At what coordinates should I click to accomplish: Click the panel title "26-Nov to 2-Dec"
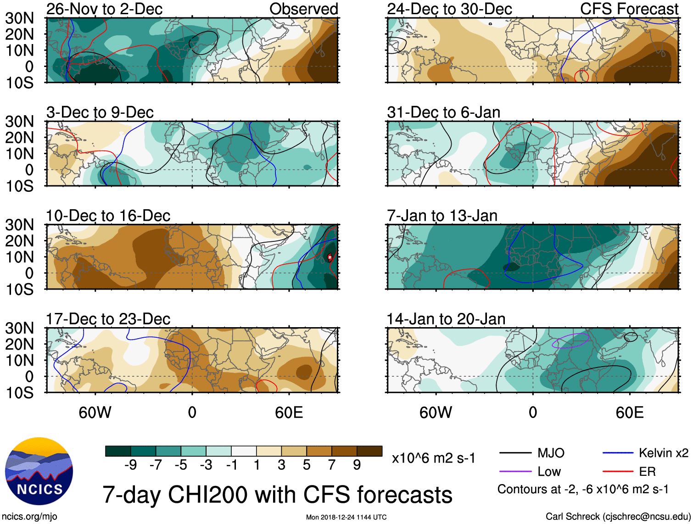click(x=104, y=9)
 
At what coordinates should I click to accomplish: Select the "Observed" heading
click(x=303, y=9)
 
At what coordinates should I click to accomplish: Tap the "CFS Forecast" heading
click(x=629, y=9)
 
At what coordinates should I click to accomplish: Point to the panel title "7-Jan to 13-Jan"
click(x=442, y=216)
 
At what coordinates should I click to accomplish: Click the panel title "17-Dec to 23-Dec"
click(x=108, y=319)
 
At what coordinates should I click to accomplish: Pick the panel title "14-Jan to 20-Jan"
click(x=446, y=319)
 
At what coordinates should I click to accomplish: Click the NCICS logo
click(x=39, y=471)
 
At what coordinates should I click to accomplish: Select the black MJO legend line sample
click(x=515, y=453)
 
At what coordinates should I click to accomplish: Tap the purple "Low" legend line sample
click(x=515, y=471)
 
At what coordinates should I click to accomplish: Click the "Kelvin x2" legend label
click(x=663, y=453)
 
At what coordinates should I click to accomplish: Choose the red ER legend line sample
click(x=618, y=471)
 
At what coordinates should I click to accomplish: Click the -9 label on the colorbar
click(x=131, y=465)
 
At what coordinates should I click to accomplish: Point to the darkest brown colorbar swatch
click(x=369, y=451)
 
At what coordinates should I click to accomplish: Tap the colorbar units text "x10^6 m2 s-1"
click(x=433, y=458)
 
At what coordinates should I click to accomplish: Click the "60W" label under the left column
click(x=95, y=413)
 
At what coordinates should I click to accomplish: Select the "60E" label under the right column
click(x=629, y=413)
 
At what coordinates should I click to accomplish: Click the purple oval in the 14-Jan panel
click(x=570, y=341)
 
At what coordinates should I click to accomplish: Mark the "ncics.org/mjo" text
click(x=29, y=517)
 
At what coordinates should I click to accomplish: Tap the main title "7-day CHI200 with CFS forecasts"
click(x=277, y=495)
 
